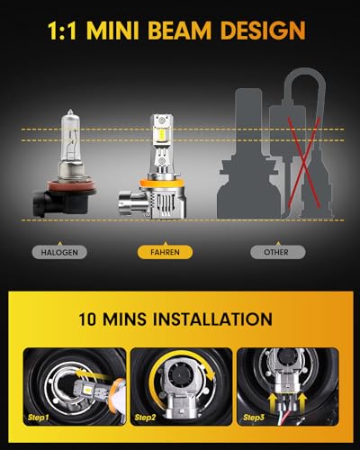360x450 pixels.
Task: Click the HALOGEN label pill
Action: click(x=59, y=252)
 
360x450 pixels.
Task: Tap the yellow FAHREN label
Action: click(x=165, y=252)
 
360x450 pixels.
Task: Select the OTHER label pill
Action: click(x=278, y=252)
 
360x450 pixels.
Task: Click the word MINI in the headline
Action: click(x=113, y=31)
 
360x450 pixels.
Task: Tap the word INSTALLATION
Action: click(x=212, y=319)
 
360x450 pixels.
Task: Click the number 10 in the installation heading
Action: click(x=87, y=319)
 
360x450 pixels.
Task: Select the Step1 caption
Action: click(x=38, y=417)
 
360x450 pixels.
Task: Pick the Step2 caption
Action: click(x=145, y=417)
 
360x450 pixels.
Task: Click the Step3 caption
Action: click(x=254, y=417)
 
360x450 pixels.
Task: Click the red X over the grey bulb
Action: click(x=303, y=163)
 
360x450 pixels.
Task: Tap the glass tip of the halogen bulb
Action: click(x=70, y=112)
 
